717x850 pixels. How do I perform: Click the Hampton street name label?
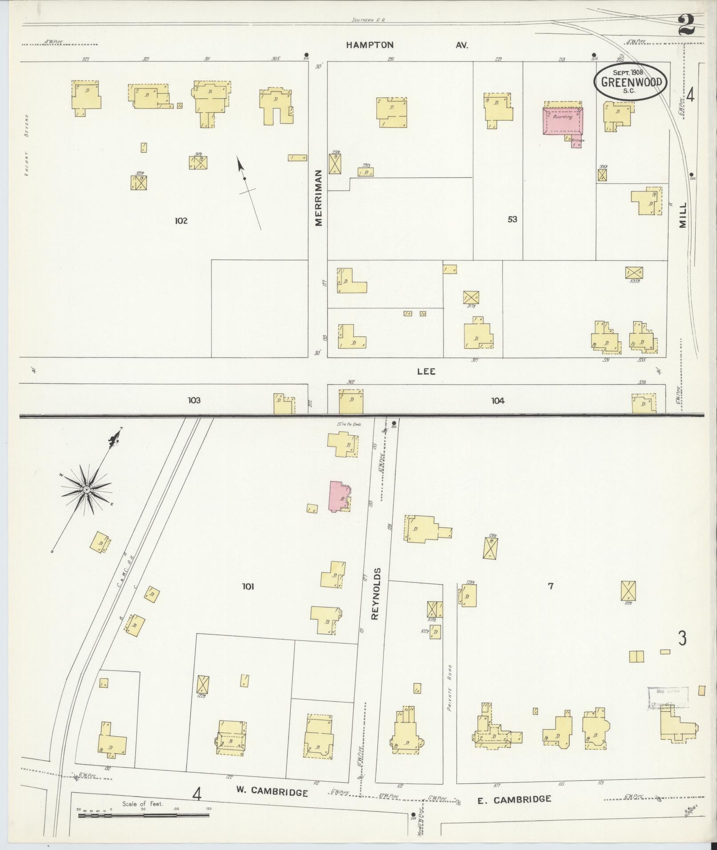[x=370, y=45]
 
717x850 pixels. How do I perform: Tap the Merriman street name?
[x=319, y=198]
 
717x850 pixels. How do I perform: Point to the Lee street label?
[x=426, y=371]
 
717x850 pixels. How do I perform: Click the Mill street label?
[x=682, y=215]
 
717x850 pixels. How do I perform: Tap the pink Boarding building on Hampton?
[x=562, y=120]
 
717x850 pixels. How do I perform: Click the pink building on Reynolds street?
[x=339, y=496]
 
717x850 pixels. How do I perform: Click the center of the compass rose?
[x=86, y=490]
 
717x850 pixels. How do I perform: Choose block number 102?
[x=181, y=221]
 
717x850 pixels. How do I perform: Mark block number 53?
[x=513, y=219]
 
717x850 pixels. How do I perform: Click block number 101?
[x=248, y=587]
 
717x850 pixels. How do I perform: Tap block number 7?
[x=550, y=586]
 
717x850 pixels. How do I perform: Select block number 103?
[x=194, y=400]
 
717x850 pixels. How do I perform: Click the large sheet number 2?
[x=686, y=24]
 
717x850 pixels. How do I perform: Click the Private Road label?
[x=450, y=694]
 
